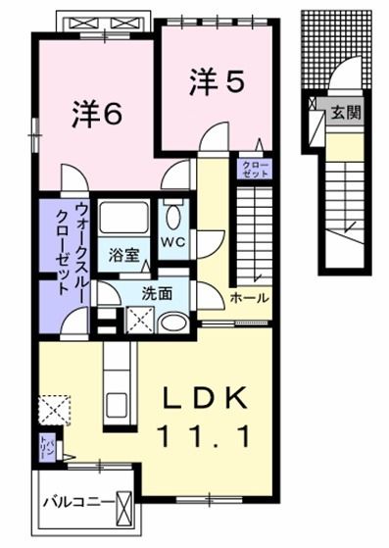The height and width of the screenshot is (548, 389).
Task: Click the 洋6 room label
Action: click(95, 115)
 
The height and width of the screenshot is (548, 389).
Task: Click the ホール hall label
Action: click(249, 297)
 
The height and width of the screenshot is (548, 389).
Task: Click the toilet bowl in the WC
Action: click(173, 216)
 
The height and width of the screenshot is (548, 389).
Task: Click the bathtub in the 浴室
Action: click(123, 220)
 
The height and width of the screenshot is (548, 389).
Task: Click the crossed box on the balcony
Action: click(125, 505)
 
